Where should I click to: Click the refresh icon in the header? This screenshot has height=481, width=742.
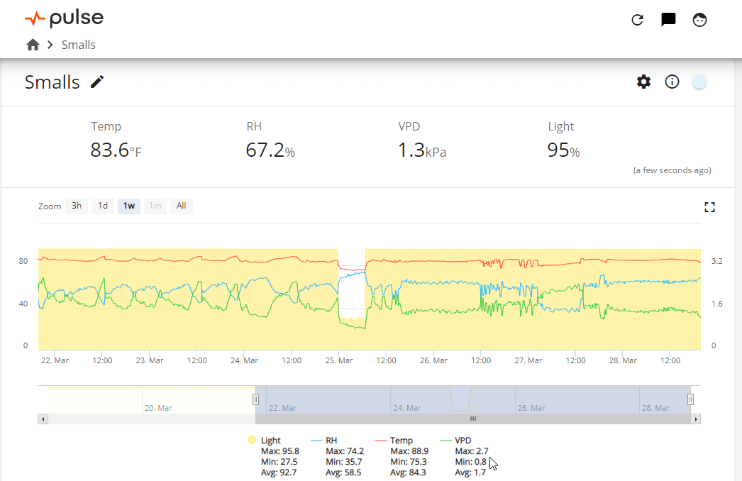(x=638, y=19)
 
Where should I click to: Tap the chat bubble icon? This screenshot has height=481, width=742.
(x=668, y=19)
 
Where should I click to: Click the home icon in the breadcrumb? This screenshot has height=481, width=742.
(x=33, y=45)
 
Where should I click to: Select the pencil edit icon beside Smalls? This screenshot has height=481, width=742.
(x=97, y=82)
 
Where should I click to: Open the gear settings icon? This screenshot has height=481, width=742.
(x=643, y=82)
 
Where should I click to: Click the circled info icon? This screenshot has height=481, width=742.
(x=672, y=82)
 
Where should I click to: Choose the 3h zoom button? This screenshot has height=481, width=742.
(x=77, y=206)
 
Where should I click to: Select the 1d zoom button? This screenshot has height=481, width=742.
(x=103, y=206)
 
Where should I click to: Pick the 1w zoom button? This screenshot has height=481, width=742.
(x=128, y=206)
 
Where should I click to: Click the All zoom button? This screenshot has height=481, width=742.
(x=181, y=206)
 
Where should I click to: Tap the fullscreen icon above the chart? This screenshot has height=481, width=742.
(x=709, y=207)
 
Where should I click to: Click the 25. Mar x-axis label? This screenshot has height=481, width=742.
(x=339, y=360)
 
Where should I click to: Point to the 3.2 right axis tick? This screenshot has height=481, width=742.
(x=717, y=261)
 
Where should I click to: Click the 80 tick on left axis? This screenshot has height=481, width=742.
(x=23, y=261)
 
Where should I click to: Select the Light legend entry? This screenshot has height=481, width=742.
(x=265, y=441)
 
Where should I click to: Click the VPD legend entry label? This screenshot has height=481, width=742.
(x=463, y=441)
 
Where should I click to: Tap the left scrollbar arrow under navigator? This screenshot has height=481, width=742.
(x=43, y=419)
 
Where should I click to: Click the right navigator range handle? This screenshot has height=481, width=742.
(x=690, y=399)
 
